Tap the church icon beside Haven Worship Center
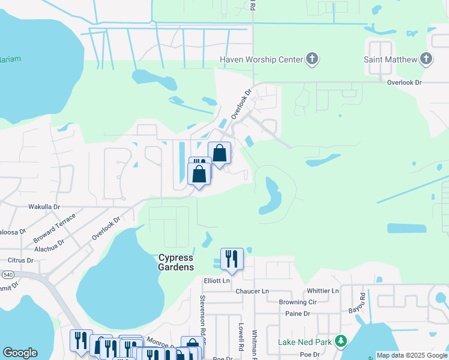coord(312,59)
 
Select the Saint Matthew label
coord(390,59)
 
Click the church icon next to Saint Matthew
coord(426,59)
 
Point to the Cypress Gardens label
coord(176,262)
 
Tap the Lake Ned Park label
coord(306,343)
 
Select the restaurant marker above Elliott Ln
coord(232,259)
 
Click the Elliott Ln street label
coord(217,280)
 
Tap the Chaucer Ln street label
coord(253,291)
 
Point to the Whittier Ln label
coord(322,290)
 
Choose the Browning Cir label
coord(301,302)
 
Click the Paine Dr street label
coord(298,314)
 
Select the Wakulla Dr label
coord(44,206)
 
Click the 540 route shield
coord(8,274)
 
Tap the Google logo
coord(20,353)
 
